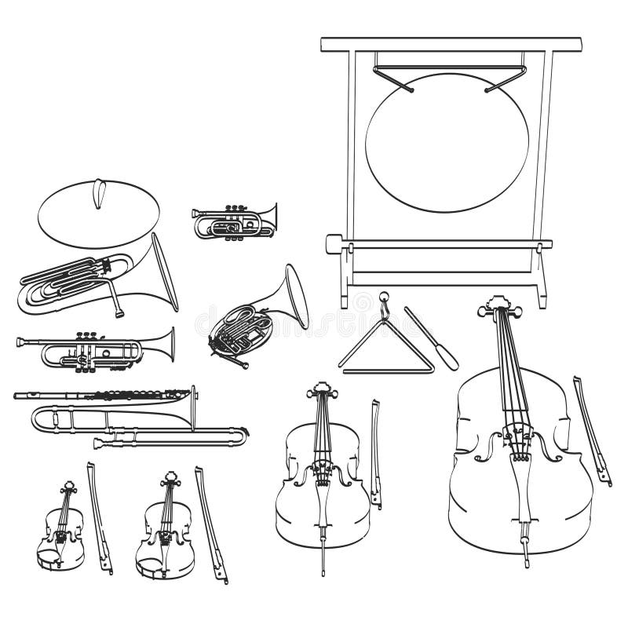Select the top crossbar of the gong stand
[x=451, y=44]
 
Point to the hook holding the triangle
[x=384, y=302]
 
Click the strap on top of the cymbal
[x=97, y=193]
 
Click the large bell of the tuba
[x=164, y=271]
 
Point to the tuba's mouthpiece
[x=119, y=312]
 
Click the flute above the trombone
[x=102, y=395]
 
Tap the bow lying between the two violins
[x=99, y=518]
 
